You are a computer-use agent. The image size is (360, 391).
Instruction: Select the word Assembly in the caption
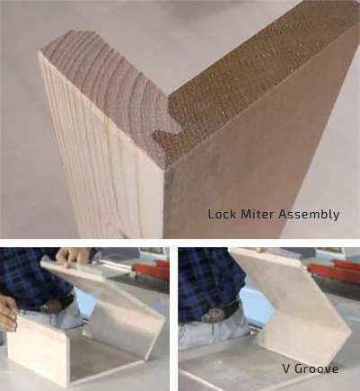(310, 215)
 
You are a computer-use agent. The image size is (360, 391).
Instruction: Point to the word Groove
(317, 369)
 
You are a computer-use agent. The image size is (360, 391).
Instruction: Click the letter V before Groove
(286, 369)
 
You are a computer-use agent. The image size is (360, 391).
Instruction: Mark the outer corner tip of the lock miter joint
(164, 170)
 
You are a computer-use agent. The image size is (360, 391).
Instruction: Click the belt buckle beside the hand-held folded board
(52, 307)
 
